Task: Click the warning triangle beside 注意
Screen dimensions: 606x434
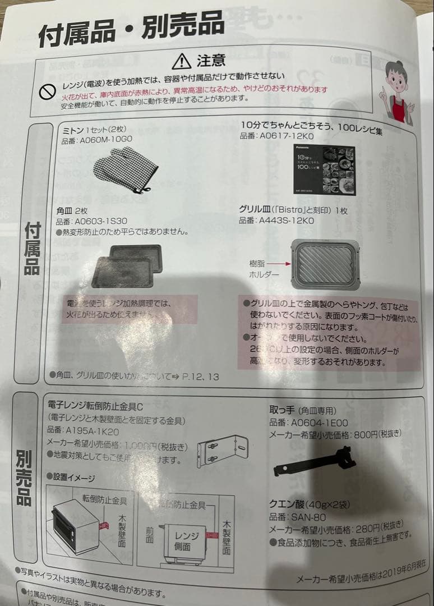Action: [182, 61]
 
